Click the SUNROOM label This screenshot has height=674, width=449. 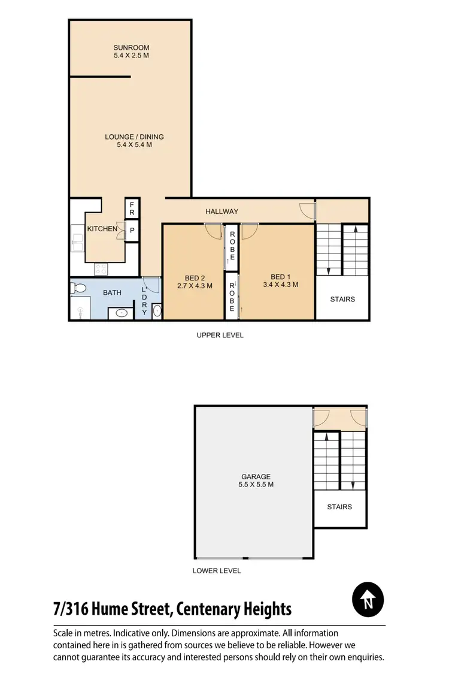click(x=131, y=47)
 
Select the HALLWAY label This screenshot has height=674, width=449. click(x=222, y=211)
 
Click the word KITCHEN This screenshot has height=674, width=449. click(x=102, y=229)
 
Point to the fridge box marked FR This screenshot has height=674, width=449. click(x=132, y=208)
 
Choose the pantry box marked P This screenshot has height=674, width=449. click(x=132, y=230)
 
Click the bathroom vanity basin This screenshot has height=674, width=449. click(x=121, y=312)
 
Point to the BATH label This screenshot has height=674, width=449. click(x=112, y=293)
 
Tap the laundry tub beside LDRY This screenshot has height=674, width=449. click(x=157, y=310)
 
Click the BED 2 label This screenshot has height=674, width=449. click(x=195, y=277)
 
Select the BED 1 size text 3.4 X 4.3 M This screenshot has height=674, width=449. click(x=280, y=285)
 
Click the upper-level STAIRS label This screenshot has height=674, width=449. click(x=342, y=299)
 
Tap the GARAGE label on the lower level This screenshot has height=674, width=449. click(x=256, y=477)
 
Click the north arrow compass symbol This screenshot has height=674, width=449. click(x=368, y=599)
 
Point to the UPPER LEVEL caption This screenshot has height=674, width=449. click(x=220, y=336)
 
